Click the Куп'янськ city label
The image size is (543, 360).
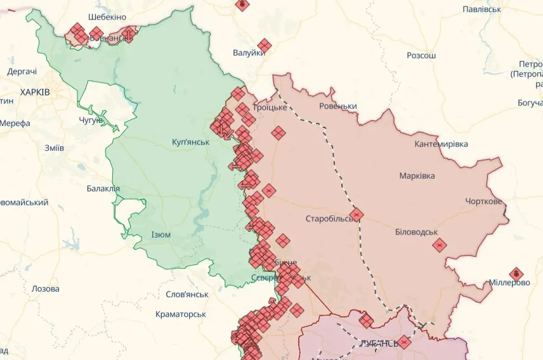pyautogui.click(x=190, y=141)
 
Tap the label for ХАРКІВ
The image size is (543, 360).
pyautogui.click(x=35, y=93)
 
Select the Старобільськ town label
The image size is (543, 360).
pyautogui.click(x=330, y=219)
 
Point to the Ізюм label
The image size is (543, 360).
pyautogui.click(x=160, y=235)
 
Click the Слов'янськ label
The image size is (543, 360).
pyautogui.click(x=187, y=295)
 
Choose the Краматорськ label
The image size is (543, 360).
pyautogui.click(x=181, y=314)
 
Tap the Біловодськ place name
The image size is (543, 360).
pyautogui.click(x=416, y=232)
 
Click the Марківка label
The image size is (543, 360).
pyautogui.click(x=417, y=176)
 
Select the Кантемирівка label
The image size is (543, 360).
pyautogui.click(x=441, y=145)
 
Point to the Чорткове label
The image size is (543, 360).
pyautogui.click(x=483, y=202)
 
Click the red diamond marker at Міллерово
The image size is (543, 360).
pyautogui.click(x=516, y=274)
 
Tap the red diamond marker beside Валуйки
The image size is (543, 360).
pyautogui.click(x=264, y=46)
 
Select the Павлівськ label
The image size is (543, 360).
pyautogui.click(x=482, y=10)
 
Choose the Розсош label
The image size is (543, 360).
pyautogui.click(x=421, y=56)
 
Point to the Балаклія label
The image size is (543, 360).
pyautogui.click(x=103, y=188)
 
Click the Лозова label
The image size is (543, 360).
pyautogui.click(x=46, y=288)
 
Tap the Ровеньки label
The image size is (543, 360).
pyautogui.click(x=338, y=106)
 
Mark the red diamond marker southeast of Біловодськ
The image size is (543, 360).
pyautogui.click(x=439, y=245)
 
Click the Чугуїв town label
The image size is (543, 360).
pyautogui.click(x=91, y=120)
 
